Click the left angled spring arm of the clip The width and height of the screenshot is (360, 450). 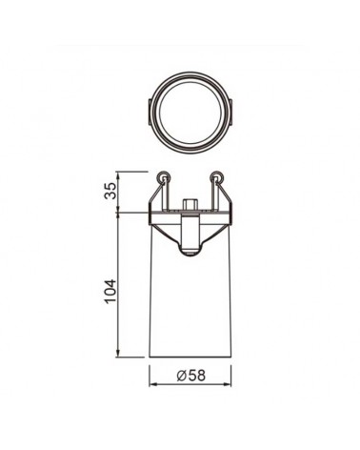pyautogui.click(x=155, y=194)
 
